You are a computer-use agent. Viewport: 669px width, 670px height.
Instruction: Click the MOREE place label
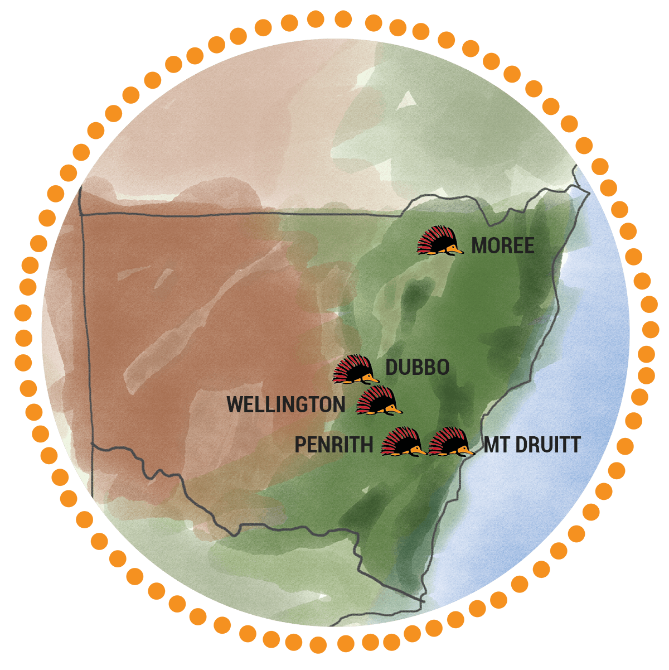point(503,245)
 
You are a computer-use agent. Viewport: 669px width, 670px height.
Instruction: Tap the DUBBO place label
point(417,367)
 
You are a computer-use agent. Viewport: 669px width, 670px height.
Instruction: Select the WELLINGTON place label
point(286,404)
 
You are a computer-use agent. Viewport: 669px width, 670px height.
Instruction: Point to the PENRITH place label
point(333,445)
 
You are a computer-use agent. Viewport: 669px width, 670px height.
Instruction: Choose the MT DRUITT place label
point(532,445)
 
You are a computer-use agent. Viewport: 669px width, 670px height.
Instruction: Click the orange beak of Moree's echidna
point(458,249)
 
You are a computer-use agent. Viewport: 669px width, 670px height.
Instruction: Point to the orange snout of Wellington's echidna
point(396,410)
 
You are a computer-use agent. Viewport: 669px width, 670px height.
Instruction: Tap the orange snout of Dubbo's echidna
point(373,379)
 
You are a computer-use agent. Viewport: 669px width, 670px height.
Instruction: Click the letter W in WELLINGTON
point(236,404)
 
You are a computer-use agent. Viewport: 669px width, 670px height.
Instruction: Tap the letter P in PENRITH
point(300,445)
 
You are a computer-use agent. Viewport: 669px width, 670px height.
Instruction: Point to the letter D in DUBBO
point(391,367)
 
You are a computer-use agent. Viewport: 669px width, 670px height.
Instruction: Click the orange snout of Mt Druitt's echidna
point(468,450)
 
